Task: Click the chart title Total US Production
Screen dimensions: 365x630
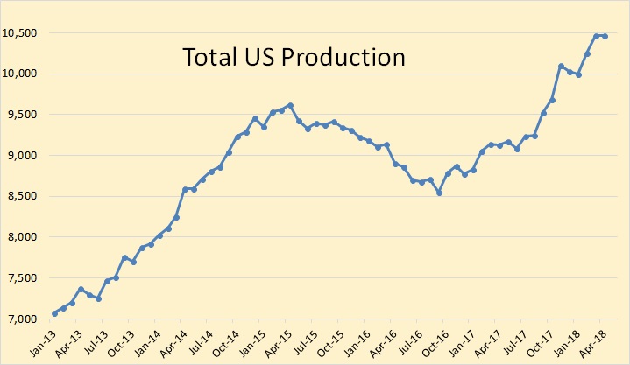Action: click(294, 57)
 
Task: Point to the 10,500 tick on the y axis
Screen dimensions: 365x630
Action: click(21, 33)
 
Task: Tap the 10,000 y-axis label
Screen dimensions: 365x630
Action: click(21, 74)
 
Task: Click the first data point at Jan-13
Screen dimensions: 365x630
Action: click(54, 313)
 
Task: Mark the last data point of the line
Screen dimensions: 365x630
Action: click(605, 36)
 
